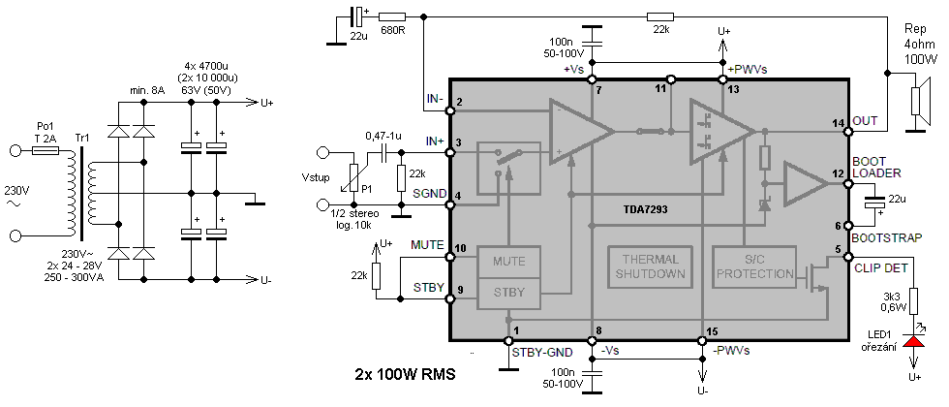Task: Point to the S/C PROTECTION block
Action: click(x=753, y=266)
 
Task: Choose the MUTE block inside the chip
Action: click(x=509, y=263)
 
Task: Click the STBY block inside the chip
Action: click(x=509, y=293)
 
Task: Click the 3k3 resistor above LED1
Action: click(x=913, y=300)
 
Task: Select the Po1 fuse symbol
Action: click(x=46, y=149)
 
